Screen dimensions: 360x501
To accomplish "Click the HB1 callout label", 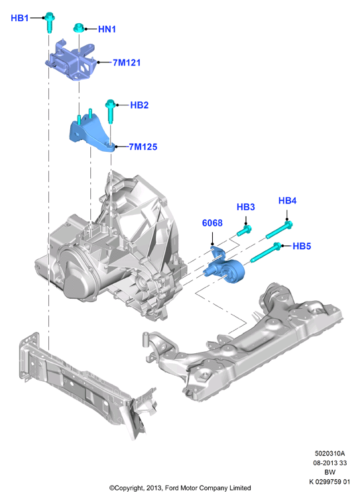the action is [x=20, y=18].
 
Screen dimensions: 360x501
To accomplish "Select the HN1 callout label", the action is [x=107, y=29].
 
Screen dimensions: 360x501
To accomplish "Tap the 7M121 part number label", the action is [x=127, y=62].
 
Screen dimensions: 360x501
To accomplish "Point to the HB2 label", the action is [x=139, y=105].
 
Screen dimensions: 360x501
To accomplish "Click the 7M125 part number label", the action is [x=143, y=147].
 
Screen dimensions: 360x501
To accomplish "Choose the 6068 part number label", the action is [x=212, y=223].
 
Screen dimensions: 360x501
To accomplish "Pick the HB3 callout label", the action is [x=246, y=207].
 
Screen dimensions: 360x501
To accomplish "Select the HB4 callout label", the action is [x=288, y=201].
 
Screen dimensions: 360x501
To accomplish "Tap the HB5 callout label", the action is [x=302, y=246].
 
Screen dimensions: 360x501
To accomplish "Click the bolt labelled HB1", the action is [x=49, y=23].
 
